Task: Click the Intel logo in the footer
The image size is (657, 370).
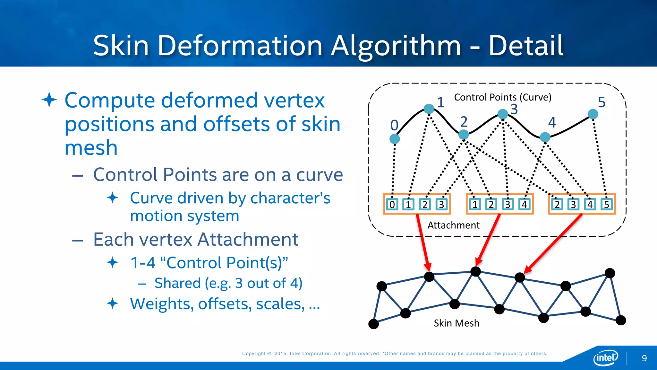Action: [x=605, y=357]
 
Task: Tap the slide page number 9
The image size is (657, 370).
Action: [x=644, y=358]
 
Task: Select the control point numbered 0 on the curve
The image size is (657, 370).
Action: [x=395, y=139]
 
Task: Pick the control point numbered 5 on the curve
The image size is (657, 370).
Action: [x=593, y=114]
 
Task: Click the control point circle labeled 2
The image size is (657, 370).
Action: [x=464, y=134]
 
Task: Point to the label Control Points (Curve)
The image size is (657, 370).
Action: [x=502, y=97]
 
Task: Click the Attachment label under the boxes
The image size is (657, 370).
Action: [x=453, y=225]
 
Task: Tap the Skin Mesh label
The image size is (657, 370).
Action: [x=456, y=323]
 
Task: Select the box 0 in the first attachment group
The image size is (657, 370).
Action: [x=392, y=204]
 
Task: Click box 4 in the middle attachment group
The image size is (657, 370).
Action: [x=524, y=204]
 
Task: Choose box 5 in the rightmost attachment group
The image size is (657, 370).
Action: [x=606, y=204]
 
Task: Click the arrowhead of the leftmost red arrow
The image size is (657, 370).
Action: [x=428, y=267]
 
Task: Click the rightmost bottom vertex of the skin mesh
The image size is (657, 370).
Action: [x=621, y=320]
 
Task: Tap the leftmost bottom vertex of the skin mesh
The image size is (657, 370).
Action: [x=373, y=324]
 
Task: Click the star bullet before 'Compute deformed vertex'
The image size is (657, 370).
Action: [x=49, y=100]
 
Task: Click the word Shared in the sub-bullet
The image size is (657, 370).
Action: [x=177, y=283]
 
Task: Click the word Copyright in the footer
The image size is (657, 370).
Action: [x=254, y=353]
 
